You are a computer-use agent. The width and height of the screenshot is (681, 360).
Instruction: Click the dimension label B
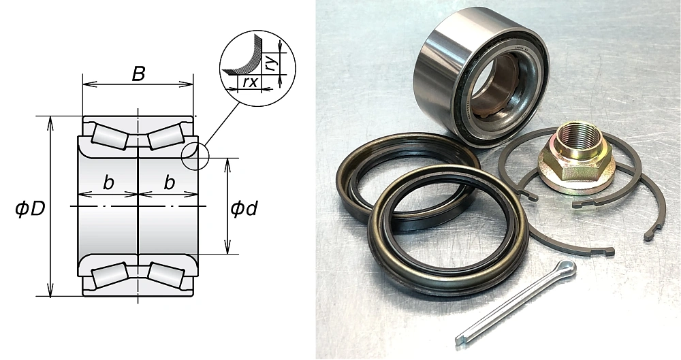[x=138, y=73]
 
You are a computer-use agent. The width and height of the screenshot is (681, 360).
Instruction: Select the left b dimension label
[x=108, y=183]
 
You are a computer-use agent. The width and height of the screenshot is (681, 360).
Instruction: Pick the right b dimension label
[x=169, y=183]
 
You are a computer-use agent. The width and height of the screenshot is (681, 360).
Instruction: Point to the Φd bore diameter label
[x=243, y=208]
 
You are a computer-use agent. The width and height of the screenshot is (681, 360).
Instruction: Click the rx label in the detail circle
[x=249, y=82]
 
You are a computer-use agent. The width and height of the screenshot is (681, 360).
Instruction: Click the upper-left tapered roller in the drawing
[x=109, y=135]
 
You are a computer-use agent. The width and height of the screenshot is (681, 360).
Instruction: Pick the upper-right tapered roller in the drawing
[x=168, y=135]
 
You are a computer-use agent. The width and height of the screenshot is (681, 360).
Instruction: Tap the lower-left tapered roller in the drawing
[x=109, y=275]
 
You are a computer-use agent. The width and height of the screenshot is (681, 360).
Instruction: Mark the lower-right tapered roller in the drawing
[x=168, y=275]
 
